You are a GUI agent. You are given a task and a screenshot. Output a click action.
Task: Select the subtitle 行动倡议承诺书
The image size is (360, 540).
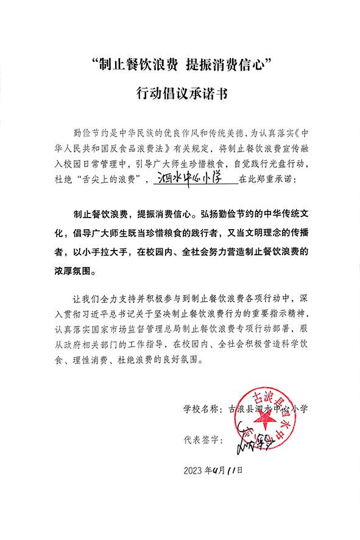(180, 94)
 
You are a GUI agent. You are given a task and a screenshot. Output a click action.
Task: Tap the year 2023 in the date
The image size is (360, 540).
(193, 470)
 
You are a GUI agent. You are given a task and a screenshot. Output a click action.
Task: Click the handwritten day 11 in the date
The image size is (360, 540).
(231, 470)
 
